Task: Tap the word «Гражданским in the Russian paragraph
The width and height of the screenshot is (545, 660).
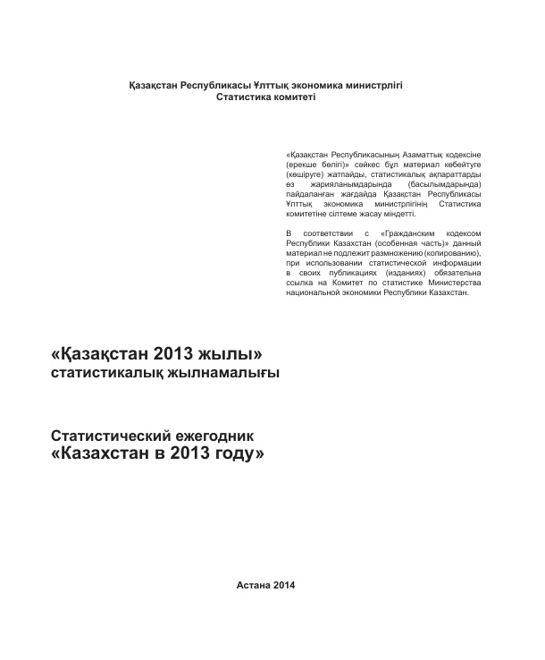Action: pyautogui.click(x=401, y=233)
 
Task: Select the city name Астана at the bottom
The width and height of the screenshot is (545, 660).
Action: pyautogui.click(x=255, y=585)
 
